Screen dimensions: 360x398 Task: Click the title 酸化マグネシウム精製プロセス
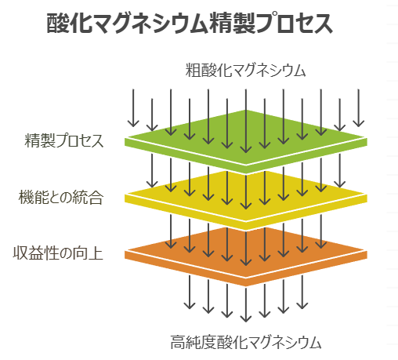190,24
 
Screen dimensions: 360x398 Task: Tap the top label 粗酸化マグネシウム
245,70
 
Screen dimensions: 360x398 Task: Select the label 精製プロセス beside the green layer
63,141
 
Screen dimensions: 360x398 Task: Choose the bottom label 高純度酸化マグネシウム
245,342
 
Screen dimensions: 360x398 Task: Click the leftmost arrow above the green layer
133,108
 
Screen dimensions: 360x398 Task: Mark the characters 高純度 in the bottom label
191,342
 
